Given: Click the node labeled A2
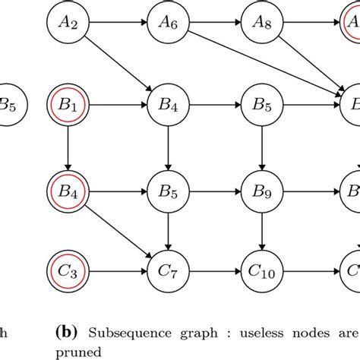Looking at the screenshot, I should point(68,24).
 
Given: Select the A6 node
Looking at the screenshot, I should point(166,24).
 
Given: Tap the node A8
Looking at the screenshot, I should point(262,24).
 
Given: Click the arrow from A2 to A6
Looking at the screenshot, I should point(117,24).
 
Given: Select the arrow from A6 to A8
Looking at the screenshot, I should point(213,24).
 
